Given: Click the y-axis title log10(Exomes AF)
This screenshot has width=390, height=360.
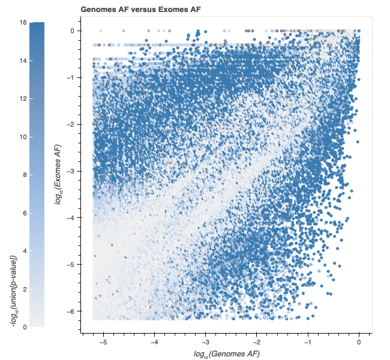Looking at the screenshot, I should (58, 174).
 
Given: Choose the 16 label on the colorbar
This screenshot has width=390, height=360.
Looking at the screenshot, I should (23, 22).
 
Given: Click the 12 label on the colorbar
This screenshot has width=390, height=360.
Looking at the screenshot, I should (23, 98).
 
